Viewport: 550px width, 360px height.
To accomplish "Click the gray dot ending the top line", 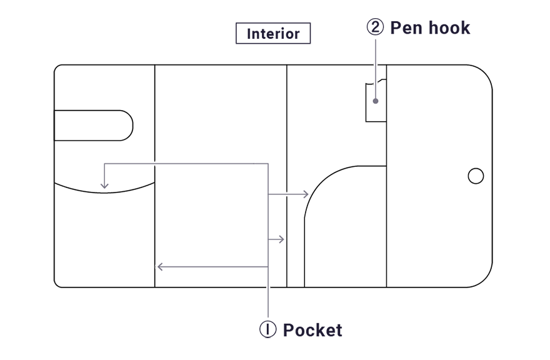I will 376,101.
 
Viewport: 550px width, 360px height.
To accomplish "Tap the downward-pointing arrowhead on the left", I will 104,186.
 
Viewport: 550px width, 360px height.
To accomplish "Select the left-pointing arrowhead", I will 159,267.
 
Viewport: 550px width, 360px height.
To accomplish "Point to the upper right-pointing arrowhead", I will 306,194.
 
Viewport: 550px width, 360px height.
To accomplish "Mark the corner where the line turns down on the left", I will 104,163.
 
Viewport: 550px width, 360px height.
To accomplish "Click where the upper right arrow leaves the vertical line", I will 268,194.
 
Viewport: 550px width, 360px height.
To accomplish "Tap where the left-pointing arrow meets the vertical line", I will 268,267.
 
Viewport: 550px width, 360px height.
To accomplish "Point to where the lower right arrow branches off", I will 268,239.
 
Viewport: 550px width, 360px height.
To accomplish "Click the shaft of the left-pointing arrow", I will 212,267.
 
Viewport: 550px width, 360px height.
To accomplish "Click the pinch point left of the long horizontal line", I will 154,163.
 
